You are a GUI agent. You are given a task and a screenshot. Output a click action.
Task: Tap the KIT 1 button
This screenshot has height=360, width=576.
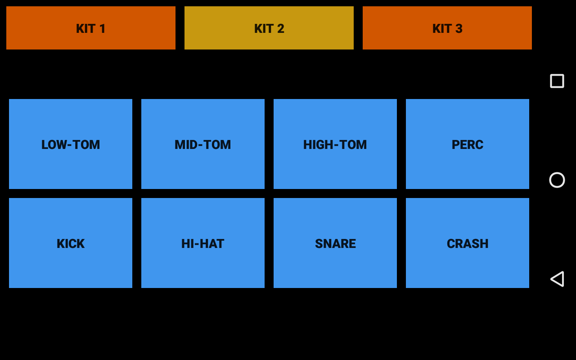point(91,28)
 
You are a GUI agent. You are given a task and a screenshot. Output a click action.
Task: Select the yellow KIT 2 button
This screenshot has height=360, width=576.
point(269,28)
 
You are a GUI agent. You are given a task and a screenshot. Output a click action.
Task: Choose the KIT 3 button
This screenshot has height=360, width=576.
point(447,28)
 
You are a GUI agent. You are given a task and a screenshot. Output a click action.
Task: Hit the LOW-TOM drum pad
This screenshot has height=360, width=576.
point(71,144)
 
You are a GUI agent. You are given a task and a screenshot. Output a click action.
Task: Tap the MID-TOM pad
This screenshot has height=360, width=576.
point(203,144)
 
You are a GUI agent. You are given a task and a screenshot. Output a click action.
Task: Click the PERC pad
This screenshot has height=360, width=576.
point(468,144)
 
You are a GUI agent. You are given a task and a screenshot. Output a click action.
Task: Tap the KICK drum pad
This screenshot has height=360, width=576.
point(71,243)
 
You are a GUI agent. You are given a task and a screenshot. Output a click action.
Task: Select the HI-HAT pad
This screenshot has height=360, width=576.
point(203,243)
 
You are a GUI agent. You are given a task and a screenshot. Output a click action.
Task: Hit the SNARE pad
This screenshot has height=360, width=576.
point(335,243)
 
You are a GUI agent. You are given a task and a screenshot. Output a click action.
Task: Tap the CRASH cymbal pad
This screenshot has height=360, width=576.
point(468,243)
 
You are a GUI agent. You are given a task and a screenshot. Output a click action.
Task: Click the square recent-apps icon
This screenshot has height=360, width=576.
point(557,81)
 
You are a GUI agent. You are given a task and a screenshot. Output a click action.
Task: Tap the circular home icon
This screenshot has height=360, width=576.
point(557,180)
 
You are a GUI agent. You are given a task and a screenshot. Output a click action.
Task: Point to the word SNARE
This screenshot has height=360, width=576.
point(335,243)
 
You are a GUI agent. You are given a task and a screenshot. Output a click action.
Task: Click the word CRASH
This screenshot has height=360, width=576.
point(468,243)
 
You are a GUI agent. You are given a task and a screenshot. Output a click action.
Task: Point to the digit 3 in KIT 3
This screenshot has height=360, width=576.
point(459,28)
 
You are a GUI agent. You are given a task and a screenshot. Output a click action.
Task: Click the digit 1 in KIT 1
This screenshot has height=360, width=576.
point(103,28)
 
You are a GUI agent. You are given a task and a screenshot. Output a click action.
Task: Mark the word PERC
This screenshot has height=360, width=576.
point(468,144)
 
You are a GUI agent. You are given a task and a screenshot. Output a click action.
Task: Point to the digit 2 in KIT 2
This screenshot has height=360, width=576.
point(281,28)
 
